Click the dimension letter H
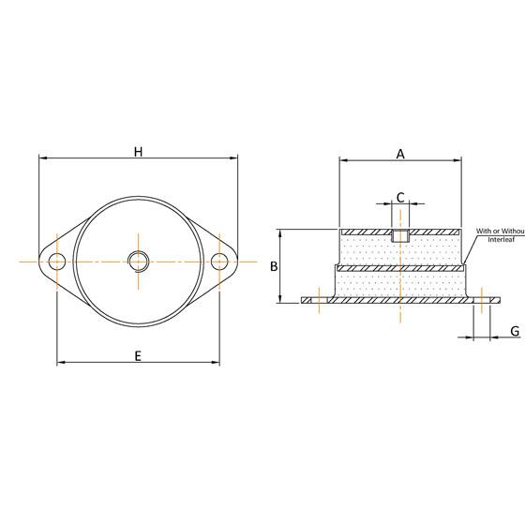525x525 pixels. [x=138, y=152]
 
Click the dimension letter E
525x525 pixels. [x=138, y=355]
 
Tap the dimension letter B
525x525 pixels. [x=274, y=266]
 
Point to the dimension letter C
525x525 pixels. [x=400, y=198]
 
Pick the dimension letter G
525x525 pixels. [x=515, y=331]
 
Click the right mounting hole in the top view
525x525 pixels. [x=219, y=261]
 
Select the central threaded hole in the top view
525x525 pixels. [x=138, y=261]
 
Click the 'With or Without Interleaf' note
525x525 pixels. [x=499, y=235]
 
